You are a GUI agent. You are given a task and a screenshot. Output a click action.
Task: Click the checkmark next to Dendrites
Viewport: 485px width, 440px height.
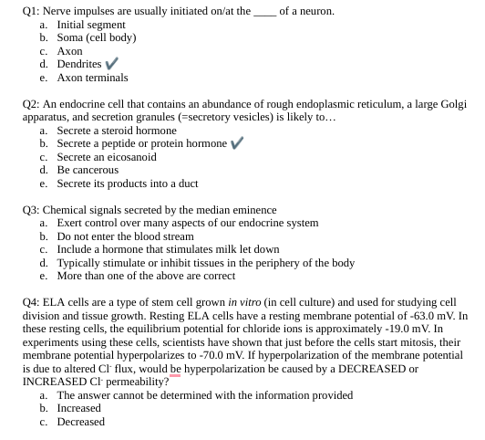[111, 64]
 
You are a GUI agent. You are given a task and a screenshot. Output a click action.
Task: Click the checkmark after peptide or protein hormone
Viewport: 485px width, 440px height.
[236, 143]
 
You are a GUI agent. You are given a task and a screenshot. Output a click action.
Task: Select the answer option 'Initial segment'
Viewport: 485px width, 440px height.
[91, 25]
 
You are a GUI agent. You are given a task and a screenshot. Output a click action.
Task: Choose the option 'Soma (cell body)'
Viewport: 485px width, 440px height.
[97, 38]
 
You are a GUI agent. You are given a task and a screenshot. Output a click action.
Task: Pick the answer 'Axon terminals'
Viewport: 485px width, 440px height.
[93, 78]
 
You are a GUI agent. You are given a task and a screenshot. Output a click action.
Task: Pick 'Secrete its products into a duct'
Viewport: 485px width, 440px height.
[127, 183]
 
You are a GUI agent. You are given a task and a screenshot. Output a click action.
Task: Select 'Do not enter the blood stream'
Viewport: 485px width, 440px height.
[125, 236]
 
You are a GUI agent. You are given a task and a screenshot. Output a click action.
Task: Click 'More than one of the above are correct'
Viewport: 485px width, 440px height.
[146, 276]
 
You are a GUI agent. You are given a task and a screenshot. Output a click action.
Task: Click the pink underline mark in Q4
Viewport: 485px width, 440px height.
[174, 375]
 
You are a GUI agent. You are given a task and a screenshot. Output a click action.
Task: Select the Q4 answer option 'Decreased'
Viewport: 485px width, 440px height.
[80, 422]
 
